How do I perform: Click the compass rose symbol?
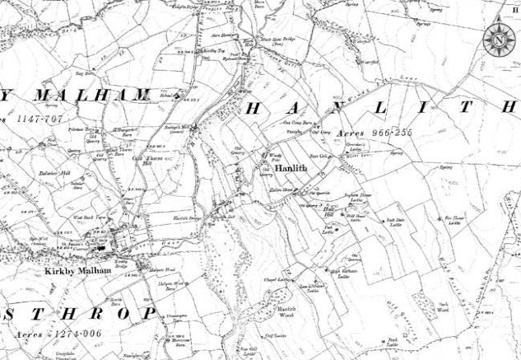pyautogui.click(x=498, y=37)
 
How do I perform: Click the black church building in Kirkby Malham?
pyautogui.click(x=100, y=246)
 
